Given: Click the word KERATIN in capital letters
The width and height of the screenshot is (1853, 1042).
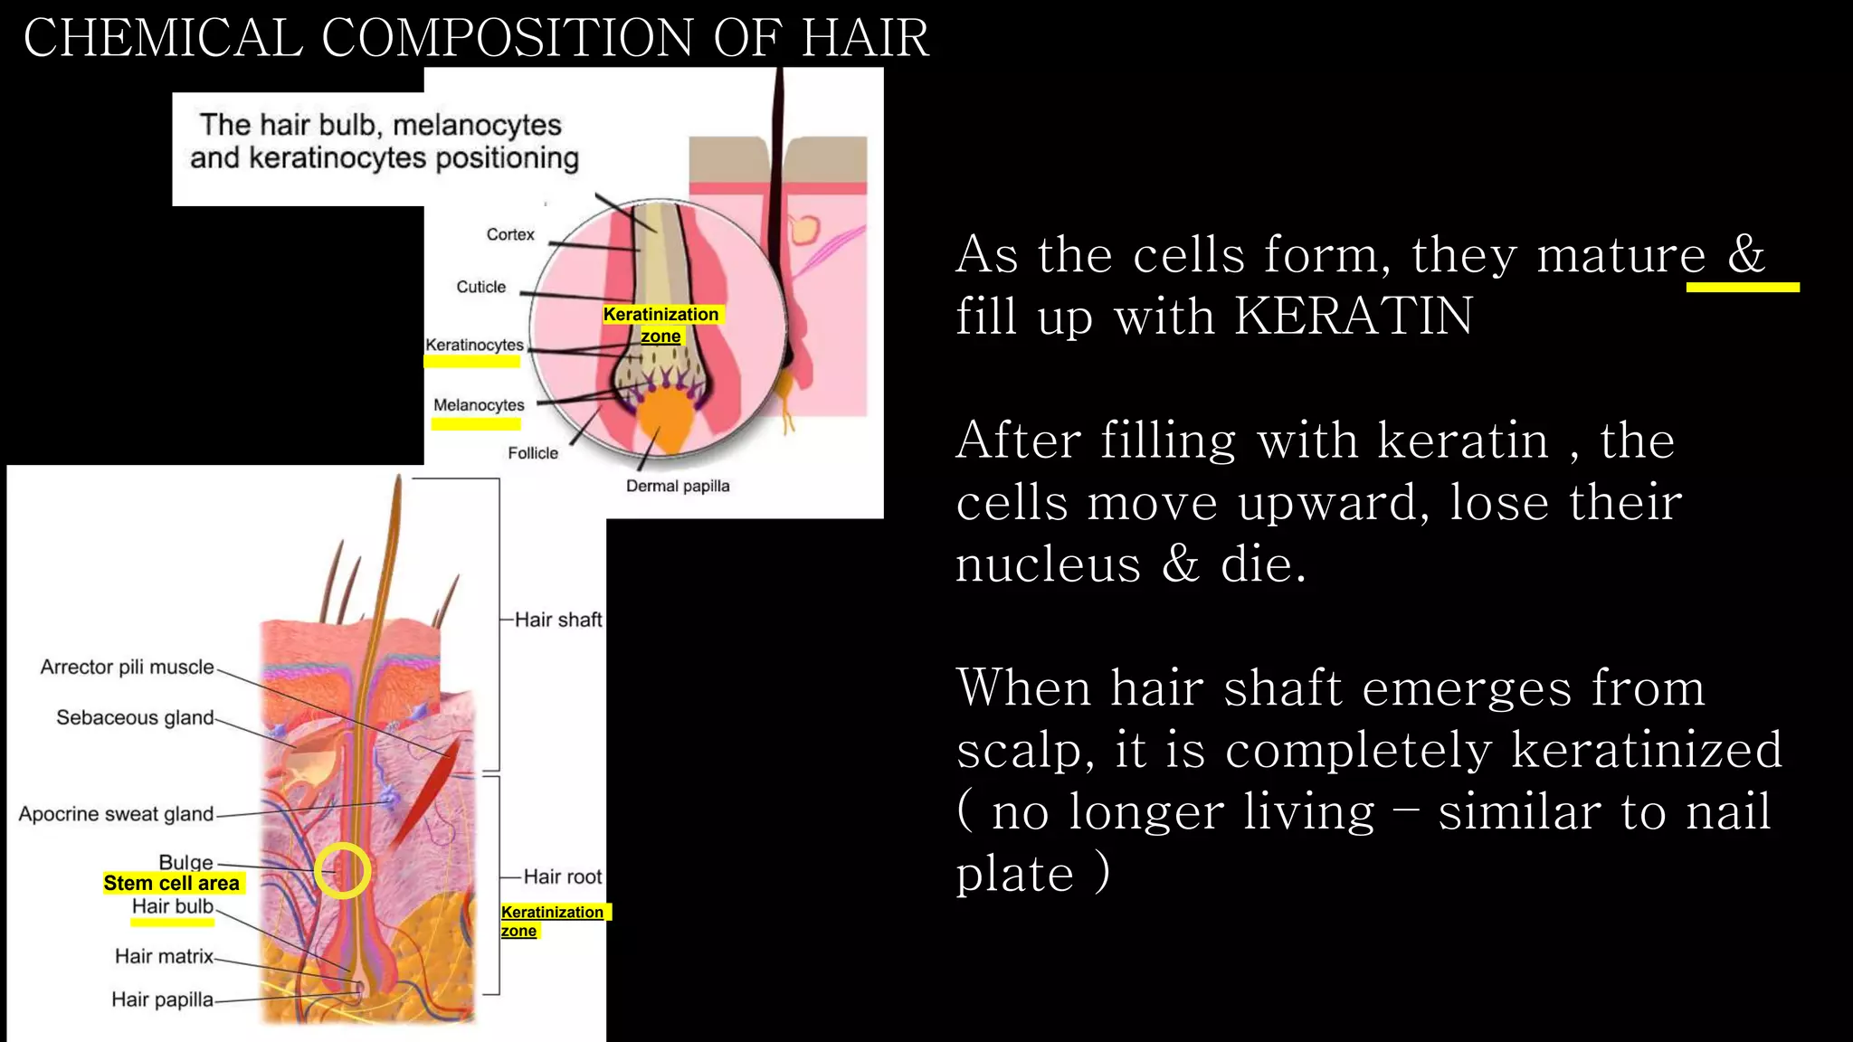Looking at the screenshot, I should pos(1354,317).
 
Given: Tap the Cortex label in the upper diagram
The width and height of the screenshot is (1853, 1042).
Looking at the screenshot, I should pos(510,234).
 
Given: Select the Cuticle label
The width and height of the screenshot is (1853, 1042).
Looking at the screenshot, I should pos(480,287).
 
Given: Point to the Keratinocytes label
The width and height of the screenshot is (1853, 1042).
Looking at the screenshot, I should pos(474,345).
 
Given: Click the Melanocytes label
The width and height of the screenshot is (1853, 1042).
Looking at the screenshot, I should pos(479,405).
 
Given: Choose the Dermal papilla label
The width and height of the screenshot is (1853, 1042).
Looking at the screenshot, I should pos(678,486).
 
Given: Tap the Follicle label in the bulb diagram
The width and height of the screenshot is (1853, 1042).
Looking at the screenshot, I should pos(533,453).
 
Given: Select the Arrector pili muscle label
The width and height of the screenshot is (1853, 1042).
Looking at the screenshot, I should pos(127,668).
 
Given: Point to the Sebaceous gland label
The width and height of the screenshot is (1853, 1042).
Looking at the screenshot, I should pos(135,718).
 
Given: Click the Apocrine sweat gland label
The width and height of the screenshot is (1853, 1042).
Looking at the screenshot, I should pos(116,814).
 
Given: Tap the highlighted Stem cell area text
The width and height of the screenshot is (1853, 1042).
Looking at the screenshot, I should pos(171,884).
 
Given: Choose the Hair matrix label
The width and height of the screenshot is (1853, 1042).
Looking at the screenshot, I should pos(164,956).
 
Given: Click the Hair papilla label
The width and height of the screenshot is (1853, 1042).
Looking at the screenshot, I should pos(162,999).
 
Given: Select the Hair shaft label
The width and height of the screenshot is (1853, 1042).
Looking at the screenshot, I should pos(557,620).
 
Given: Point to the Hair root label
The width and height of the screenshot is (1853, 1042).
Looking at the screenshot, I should pos(562,876).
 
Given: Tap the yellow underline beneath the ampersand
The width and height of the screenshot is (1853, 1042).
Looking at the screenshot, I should pos(1742,287).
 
